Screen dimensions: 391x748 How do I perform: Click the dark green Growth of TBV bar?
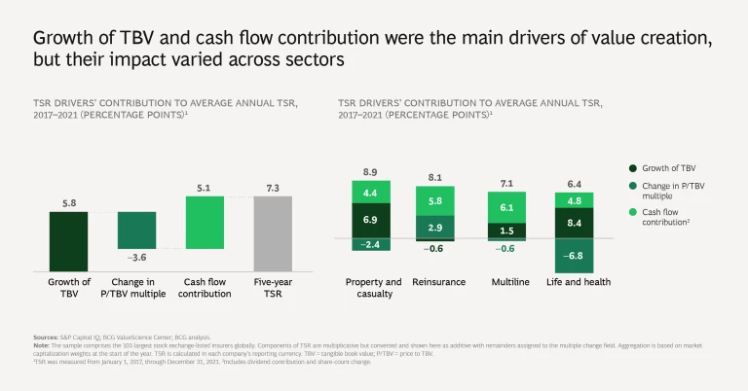click(x=68, y=242)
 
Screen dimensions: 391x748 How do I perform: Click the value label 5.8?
click(x=68, y=203)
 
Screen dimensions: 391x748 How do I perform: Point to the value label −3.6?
click(x=136, y=258)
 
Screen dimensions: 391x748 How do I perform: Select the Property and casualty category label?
click(x=373, y=288)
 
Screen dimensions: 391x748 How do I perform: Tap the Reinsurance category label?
click(x=438, y=282)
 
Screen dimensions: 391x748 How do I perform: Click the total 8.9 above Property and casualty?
click(x=371, y=171)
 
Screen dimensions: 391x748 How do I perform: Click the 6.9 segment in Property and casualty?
click(x=371, y=221)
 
